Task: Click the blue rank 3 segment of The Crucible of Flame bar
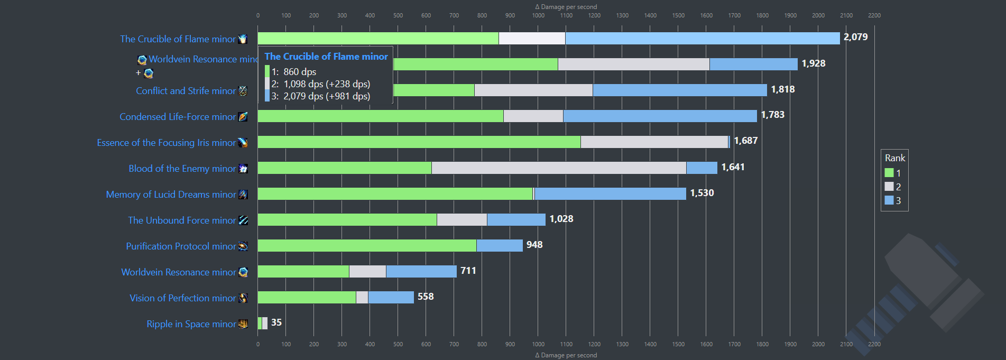pos(702,38)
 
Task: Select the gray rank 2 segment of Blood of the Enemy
pos(559,168)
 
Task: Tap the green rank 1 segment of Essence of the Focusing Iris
pos(419,142)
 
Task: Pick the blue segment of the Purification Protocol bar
pos(500,246)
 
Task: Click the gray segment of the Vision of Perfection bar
pos(362,298)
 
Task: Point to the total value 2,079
pos(855,37)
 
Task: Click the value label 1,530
pos(702,193)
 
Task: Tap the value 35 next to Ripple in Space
pos(276,322)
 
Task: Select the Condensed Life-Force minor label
pos(178,117)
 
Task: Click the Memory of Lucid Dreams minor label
pos(171,195)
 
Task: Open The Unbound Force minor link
pos(182,220)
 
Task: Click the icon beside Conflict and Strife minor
pos(243,91)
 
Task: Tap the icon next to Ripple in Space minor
pos(243,324)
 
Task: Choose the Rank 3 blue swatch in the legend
pos(889,200)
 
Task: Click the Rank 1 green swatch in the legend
pos(889,173)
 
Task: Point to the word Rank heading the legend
pos(895,158)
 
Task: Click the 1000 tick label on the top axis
pos(538,15)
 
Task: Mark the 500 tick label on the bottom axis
pos(398,344)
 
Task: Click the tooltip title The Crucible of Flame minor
pos(326,57)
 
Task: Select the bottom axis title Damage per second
pos(566,355)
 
